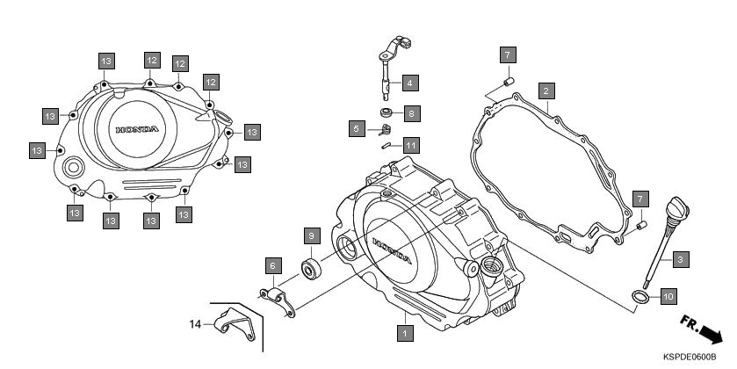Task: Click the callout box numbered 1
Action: tap(404, 333)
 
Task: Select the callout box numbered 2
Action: tap(546, 90)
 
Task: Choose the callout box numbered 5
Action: tap(356, 129)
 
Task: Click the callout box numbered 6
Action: tap(272, 265)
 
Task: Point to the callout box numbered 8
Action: tap(411, 112)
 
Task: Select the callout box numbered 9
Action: tap(310, 235)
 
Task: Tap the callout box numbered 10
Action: tap(668, 295)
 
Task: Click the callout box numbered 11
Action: tap(411, 144)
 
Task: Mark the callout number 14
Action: tap(196, 324)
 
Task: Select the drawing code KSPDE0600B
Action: tap(695, 358)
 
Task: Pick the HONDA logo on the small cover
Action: tap(138, 130)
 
